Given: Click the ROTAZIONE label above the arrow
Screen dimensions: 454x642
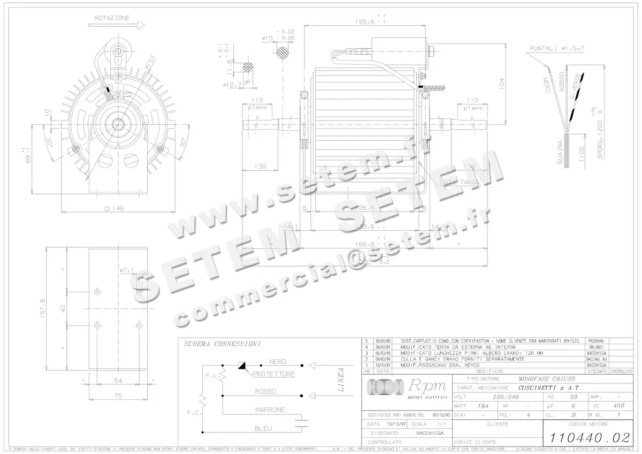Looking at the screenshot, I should (x=112, y=18).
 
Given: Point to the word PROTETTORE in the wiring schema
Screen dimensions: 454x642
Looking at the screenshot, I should (x=273, y=374).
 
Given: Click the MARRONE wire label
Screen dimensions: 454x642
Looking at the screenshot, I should (x=270, y=410).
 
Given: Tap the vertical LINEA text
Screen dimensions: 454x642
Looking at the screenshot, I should (x=341, y=381).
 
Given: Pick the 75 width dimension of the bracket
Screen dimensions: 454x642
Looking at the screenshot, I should (x=118, y=396).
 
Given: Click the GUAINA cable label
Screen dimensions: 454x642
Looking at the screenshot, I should (x=560, y=153).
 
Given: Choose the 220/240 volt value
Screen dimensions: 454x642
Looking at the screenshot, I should (x=506, y=397).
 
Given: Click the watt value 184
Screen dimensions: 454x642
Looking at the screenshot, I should (x=483, y=406).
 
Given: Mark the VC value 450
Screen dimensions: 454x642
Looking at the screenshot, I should (x=619, y=406).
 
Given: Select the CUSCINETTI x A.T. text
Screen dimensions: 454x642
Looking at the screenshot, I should (x=550, y=388).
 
